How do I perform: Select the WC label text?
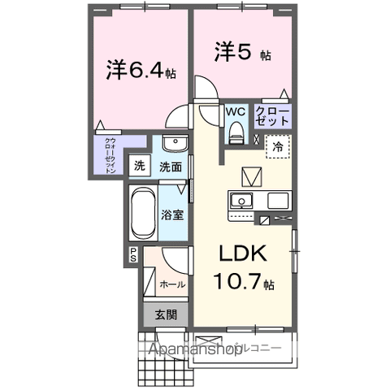236,111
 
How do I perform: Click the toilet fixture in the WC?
236,130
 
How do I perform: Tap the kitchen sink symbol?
241,201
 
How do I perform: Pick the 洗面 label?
170,167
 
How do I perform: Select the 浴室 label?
171,216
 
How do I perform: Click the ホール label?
171,284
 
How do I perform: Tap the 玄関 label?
166,315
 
